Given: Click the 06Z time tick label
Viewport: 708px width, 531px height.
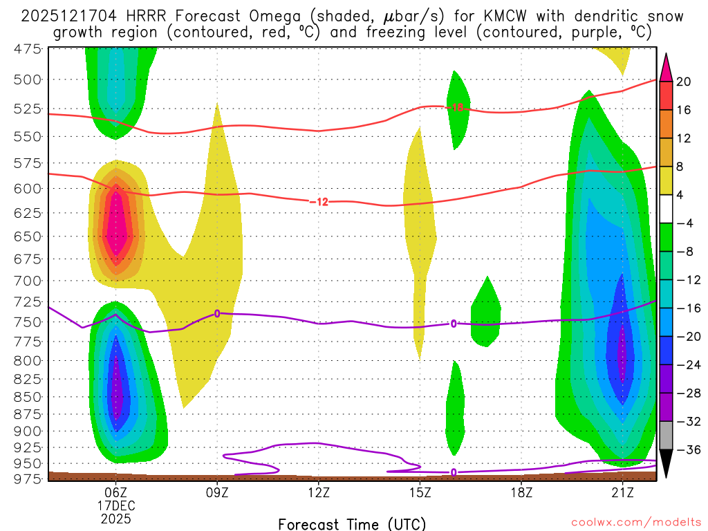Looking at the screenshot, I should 115,492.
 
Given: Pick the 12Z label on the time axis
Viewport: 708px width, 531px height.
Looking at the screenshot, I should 318,492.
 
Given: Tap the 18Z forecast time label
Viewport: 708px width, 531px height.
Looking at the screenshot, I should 521,492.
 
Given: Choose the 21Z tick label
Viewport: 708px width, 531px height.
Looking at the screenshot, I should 622,492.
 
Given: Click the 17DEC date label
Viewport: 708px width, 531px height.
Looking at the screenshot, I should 115,505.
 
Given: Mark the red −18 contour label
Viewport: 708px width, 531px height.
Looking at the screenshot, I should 456,107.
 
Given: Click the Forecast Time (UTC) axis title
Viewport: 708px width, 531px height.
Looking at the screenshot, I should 352,523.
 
